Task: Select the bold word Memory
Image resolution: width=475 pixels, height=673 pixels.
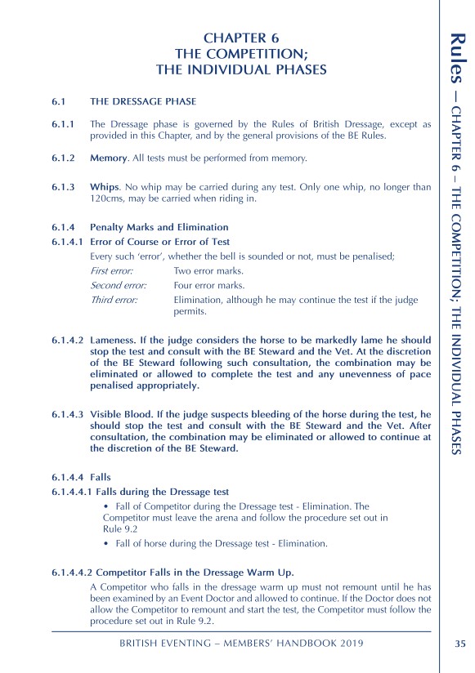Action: [109, 157]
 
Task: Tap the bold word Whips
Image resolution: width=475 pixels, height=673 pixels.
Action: [105, 187]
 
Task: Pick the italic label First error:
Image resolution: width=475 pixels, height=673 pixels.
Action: [112, 270]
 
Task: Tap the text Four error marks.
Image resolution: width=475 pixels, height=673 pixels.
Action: [209, 286]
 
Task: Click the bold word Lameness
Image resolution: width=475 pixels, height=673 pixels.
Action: [115, 338]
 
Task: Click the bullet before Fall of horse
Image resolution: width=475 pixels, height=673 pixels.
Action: [107, 543]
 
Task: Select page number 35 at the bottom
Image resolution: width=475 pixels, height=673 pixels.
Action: [459, 643]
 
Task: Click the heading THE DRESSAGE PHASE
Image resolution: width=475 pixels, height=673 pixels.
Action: [143, 102]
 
